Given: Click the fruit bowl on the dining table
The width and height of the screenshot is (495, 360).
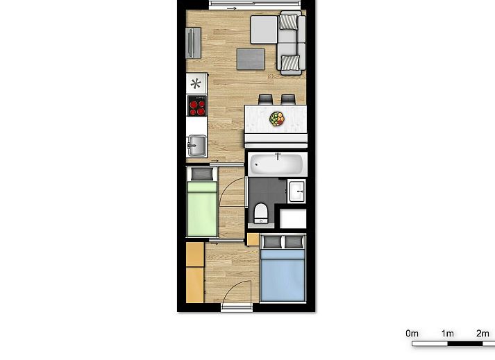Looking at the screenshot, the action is [x=277, y=119].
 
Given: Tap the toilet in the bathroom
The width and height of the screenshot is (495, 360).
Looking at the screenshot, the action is [x=261, y=213].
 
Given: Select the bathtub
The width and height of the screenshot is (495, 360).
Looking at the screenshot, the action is [x=278, y=164].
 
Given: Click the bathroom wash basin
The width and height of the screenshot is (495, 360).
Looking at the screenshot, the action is [x=296, y=191].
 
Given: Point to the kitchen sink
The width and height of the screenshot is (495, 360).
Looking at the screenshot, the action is [x=196, y=146].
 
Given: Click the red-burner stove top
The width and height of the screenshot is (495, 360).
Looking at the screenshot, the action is [x=197, y=105].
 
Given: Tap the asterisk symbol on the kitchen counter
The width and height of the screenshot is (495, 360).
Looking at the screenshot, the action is [x=196, y=84].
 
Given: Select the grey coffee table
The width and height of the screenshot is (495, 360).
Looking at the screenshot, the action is [x=251, y=59].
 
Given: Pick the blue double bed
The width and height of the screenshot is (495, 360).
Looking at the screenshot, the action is [x=283, y=268].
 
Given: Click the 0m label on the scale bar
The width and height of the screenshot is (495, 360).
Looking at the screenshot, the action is [x=412, y=333].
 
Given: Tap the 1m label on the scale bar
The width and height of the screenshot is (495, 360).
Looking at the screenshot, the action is [x=447, y=333].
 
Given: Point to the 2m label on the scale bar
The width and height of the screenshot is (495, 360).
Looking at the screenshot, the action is [x=483, y=333].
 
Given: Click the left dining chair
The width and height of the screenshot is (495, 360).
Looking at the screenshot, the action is [x=265, y=99].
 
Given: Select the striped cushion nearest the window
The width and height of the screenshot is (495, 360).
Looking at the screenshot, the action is [x=289, y=22].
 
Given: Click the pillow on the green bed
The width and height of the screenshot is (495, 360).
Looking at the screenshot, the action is [x=202, y=174].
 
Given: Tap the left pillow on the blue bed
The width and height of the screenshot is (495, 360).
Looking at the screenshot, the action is [x=272, y=242].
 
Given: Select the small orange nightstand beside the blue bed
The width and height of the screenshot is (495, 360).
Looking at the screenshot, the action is [x=253, y=239].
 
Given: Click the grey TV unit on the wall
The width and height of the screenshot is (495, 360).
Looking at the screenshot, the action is [x=193, y=43].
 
